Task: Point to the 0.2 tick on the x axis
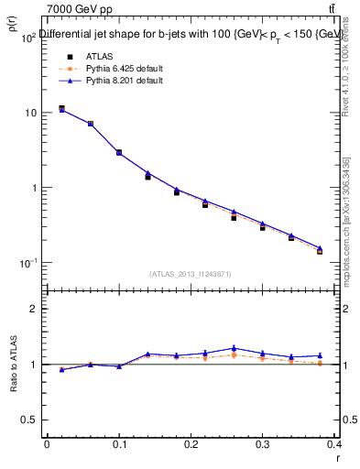click(190, 443)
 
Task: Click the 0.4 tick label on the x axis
click(334, 443)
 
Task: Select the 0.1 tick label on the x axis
click(118, 443)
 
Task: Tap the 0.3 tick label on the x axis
click(262, 443)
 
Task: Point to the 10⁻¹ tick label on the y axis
click(28, 263)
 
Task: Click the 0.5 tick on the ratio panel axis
click(29, 420)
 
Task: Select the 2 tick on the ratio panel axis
click(34, 309)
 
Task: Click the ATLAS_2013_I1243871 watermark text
click(191, 274)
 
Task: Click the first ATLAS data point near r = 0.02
click(61, 108)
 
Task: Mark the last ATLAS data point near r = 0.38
click(320, 251)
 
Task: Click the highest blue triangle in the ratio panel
click(235, 348)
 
